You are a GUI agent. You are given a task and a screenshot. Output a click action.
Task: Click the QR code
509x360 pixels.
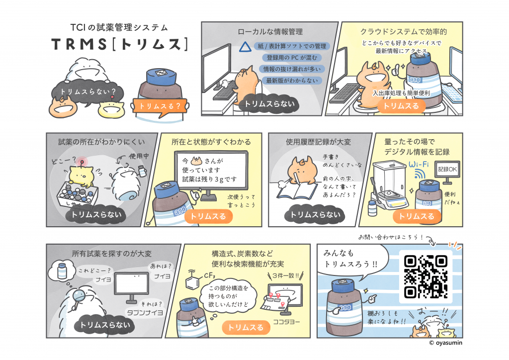(x=425, y=276)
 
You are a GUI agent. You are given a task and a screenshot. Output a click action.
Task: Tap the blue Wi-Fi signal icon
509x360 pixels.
(x=420, y=174)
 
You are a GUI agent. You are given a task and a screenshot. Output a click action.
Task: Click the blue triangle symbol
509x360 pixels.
(x=246, y=47)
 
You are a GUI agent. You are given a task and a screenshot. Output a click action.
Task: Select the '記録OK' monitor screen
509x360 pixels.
(x=447, y=169)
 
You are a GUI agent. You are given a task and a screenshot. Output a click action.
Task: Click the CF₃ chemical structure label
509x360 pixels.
(x=209, y=275)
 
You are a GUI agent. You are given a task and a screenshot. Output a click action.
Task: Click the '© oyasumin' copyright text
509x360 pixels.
(x=445, y=343)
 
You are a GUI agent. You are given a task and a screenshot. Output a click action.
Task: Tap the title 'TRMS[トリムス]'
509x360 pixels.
(x=119, y=44)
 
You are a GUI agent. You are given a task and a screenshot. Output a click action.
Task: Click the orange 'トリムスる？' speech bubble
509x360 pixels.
(x=160, y=106)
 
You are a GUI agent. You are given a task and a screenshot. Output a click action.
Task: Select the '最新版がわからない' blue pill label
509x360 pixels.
(x=292, y=81)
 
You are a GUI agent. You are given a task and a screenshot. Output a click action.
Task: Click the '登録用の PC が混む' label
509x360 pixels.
(x=291, y=58)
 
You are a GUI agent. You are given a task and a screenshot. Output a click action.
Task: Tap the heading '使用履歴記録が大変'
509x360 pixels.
(x=319, y=142)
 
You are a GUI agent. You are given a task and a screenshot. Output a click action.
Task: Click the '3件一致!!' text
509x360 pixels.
(x=286, y=275)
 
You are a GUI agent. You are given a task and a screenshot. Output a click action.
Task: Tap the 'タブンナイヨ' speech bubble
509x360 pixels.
(x=145, y=312)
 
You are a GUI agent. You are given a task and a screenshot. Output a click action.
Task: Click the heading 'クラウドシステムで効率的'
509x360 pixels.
(x=404, y=32)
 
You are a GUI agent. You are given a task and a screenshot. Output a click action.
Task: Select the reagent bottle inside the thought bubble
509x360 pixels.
(x=62, y=270)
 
